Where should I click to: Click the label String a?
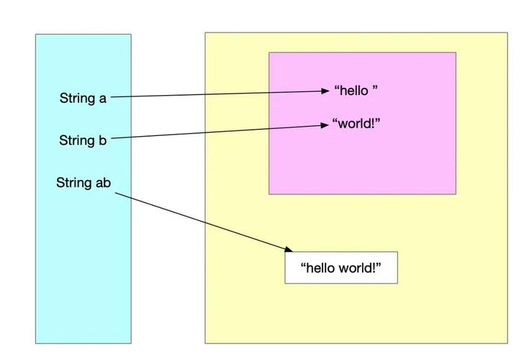click(83, 98)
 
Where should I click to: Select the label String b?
click(83, 140)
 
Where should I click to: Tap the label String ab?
click(84, 183)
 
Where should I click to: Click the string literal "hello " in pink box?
click(356, 91)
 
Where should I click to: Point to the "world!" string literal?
click(356, 123)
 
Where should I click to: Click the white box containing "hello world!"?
click(341, 268)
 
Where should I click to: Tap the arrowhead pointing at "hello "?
click(325, 91)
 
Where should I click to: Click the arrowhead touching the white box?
click(289, 249)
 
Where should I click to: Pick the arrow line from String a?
click(216, 94)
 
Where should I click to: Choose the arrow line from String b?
click(216, 132)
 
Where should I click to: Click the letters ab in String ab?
click(104, 183)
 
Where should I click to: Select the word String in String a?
click(76, 98)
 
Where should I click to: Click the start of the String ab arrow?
click(114, 192)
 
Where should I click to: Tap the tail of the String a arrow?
click(112, 96)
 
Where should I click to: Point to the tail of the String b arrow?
click(112, 138)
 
